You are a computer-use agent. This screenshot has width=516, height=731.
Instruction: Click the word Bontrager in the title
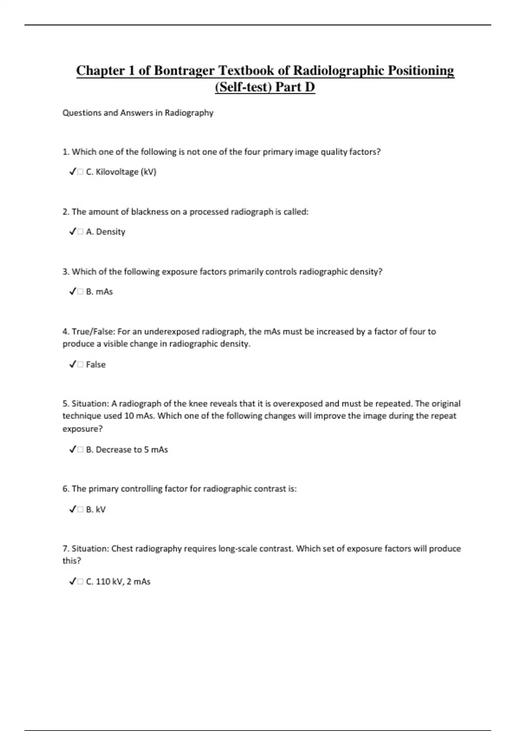coord(184,71)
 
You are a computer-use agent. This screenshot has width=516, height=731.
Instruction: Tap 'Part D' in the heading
coord(295,87)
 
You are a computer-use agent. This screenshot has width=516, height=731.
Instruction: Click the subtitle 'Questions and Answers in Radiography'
coord(138,113)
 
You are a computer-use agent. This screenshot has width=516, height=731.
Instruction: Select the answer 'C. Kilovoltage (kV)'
coord(121,172)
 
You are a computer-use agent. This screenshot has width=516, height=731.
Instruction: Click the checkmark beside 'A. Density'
coord(72,232)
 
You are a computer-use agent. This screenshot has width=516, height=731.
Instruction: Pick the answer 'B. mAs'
coord(99,292)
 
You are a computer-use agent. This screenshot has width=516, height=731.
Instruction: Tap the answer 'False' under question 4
coord(95,365)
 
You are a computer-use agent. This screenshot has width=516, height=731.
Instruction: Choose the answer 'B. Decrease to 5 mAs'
coord(127,450)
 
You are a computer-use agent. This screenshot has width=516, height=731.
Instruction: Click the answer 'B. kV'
coord(95,510)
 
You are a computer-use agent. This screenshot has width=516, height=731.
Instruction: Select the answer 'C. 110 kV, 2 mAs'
coord(118,582)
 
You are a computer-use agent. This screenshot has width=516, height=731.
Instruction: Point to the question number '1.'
coord(66,152)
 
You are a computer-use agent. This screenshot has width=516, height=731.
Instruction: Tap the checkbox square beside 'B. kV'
coord(80,510)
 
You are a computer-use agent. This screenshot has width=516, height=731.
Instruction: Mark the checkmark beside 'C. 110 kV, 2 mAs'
coord(72,582)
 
